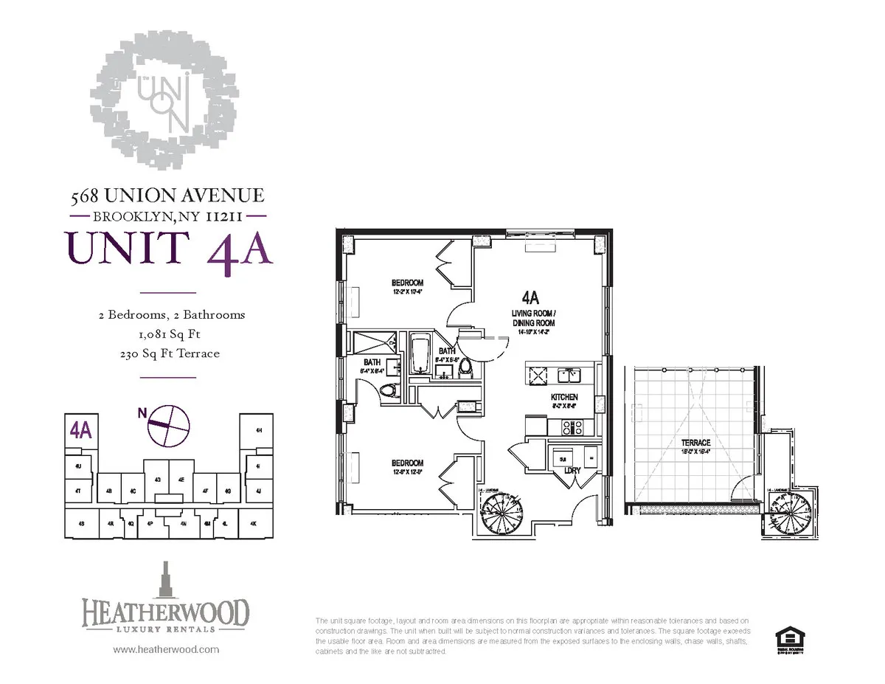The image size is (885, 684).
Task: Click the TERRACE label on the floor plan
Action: [x=695, y=443]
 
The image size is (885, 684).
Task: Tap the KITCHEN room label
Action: [x=564, y=398]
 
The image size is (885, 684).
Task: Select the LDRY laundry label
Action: [x=573, y=470]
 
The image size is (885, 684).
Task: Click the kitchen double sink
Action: [x=569, y=376]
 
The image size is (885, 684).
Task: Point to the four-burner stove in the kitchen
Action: [x=573, y=427]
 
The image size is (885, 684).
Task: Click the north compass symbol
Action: [x=169, y=425]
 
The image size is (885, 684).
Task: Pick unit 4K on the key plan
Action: [x=252, y=524]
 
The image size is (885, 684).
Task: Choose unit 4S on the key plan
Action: [x=81, y=524]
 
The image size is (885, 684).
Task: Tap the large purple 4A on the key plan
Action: [x=80, y=430]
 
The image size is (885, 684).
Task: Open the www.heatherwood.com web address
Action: [x=165, y=650]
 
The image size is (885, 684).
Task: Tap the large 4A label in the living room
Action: [x=530, y=298]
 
